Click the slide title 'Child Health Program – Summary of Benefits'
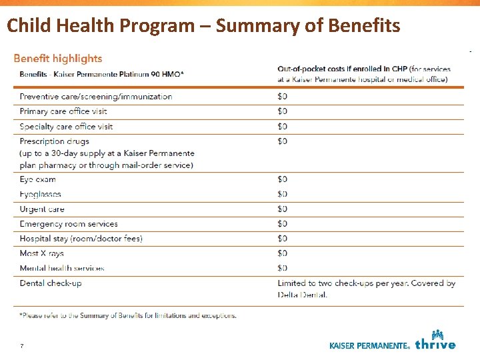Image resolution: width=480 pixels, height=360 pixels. pos(203,26)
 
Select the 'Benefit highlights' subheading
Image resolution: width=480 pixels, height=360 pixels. pos(58,58)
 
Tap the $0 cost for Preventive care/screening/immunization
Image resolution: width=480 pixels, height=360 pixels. pos(282,97)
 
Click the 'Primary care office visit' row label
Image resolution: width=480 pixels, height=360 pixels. pos(63,111)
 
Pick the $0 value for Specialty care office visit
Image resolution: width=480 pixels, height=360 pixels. pos(282,127)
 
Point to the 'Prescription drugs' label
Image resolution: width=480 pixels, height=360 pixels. pos(55,141)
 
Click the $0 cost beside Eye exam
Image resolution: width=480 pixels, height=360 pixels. pos(282,179)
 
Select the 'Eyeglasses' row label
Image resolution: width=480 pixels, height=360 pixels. pos(41,194)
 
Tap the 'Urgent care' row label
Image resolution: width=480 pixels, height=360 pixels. pos(42,209)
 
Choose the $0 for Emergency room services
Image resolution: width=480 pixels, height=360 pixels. pos(282,224)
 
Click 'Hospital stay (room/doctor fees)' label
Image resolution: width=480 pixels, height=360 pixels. pos(81,239)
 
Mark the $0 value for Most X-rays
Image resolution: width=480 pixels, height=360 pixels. pos(282,253)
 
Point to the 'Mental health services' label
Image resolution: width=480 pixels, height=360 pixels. pos(62,268)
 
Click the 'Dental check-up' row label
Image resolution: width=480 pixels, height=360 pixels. pos(51,283)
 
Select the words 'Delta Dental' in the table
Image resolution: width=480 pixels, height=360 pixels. pos(302,295)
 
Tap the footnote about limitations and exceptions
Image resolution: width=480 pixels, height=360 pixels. pos(128,315)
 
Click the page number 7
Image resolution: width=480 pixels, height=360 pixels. pos(22,346)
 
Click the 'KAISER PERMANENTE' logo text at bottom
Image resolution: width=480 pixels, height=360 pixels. pos(369,346)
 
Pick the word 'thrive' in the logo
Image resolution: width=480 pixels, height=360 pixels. pos(435,345)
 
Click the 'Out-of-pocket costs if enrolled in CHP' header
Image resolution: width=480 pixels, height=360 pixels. pos(342,69)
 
